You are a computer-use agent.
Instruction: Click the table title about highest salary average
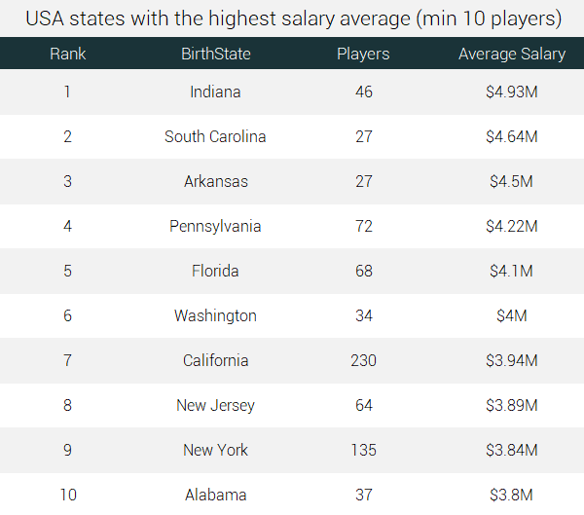tap(292, 18)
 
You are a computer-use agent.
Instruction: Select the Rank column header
tap(67, 54)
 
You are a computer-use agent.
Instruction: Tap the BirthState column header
tap(215, 54)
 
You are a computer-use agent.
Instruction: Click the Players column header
tap(363, 54)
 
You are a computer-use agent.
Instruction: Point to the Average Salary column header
tap(511, 54)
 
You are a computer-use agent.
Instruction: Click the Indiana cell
tap(215, 92)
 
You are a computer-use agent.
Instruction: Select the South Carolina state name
tap(215, 137)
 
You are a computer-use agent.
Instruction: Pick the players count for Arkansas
tap(363, 182)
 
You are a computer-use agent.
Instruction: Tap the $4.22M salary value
tap(511, 227)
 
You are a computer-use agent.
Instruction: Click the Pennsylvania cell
tap(215, 227)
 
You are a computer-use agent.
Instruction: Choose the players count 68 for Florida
tap(363, 272)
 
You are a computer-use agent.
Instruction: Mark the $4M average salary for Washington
tap(511, 316)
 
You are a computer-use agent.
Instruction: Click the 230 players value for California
tap(363, 361)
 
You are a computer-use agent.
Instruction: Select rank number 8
tap(67, 406)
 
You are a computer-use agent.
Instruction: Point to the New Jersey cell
tap(215, 406)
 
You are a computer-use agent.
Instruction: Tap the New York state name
tap(215, 451)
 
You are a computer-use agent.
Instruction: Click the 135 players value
tap(363, 451)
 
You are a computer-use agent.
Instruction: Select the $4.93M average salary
tap(511, 92)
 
